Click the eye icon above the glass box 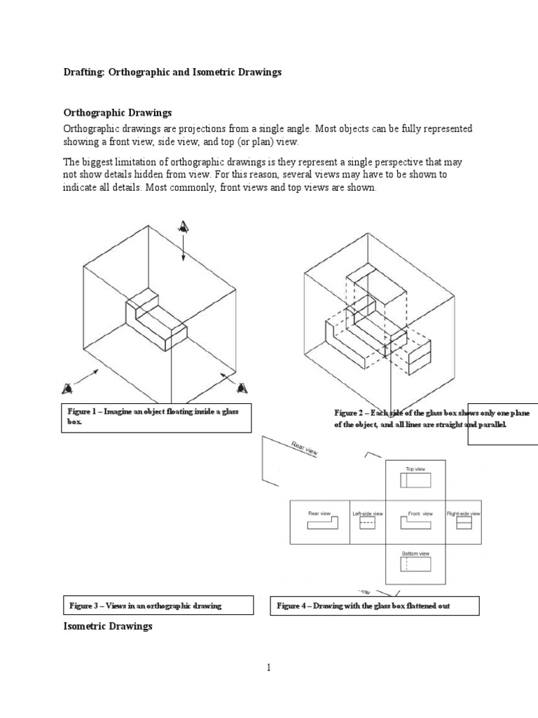click(x=184, y=226)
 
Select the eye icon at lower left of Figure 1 click(x=68, y=388)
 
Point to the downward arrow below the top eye click(x=184, y=250)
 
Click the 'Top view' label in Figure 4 click(x=415, y=468)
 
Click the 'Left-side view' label click(x=368, y=513)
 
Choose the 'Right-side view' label click(x=463, y=513)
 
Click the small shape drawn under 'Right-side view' click(x=463, y=523)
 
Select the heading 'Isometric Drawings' click(x=108, y=626)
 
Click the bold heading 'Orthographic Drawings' click(x=118, y=112)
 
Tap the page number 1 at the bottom click(x=268, y=668)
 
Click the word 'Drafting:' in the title click(x=84, y=73)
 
